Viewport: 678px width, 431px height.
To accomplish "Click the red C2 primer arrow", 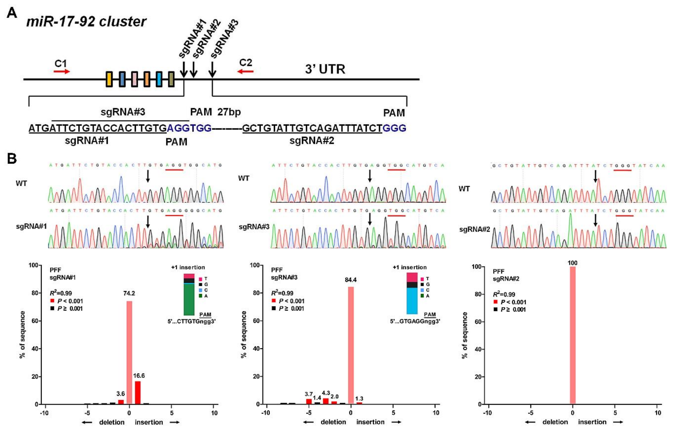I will coord(245,71).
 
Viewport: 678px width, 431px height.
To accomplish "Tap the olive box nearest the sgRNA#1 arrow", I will coord(171,79).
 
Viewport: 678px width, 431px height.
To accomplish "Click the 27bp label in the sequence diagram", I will coord(229,112).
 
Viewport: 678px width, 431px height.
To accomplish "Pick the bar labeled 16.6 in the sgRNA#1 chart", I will coord(138,392).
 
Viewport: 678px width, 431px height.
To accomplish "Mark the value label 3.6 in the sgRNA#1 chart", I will coord(121,394).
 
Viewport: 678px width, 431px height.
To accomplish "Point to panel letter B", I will coord(12,159).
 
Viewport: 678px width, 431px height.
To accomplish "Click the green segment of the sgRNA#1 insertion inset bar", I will coord(189,299).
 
